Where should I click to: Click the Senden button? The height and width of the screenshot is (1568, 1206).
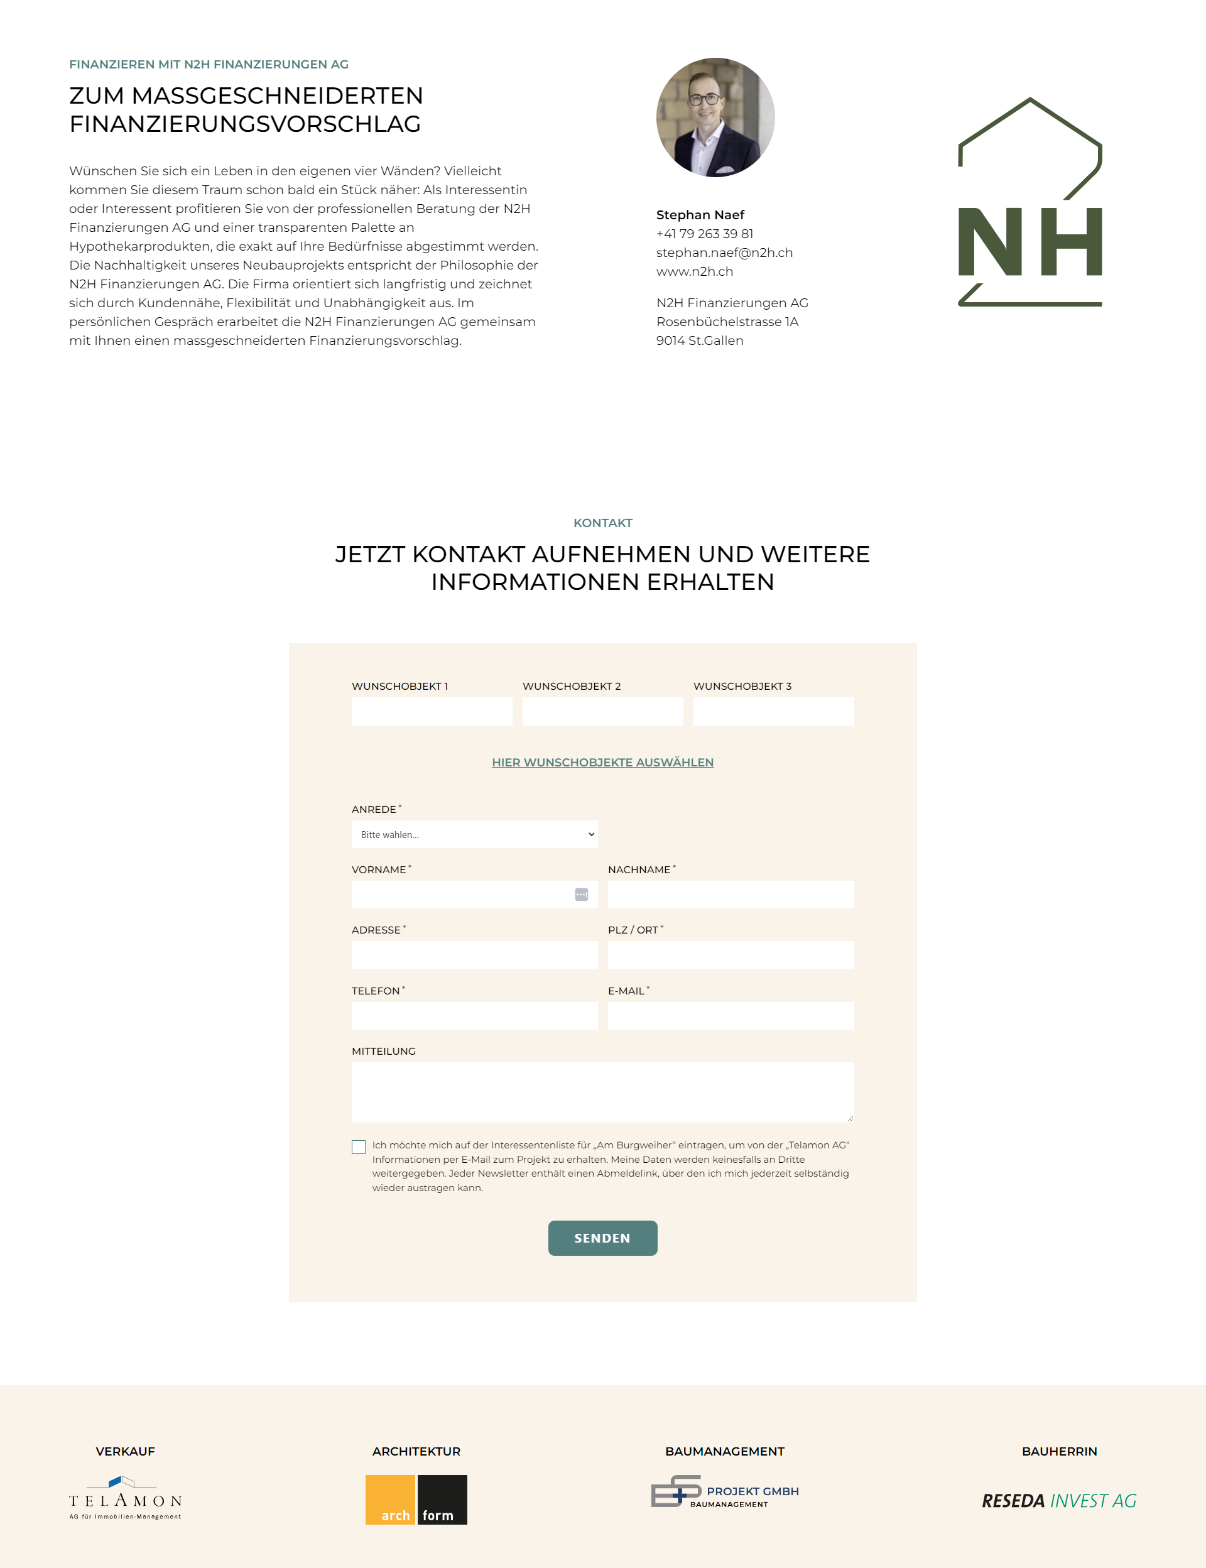tap(602, 1238)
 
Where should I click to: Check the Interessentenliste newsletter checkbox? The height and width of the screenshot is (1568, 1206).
tap(359, 1146)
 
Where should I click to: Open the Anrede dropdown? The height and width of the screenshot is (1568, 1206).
tap(474, 834)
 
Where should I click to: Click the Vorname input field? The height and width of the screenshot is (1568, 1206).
tap(463, 895)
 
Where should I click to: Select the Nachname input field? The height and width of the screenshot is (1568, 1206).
tap(731, 895)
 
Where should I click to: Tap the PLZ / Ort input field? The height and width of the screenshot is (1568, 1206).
tap(731, 955)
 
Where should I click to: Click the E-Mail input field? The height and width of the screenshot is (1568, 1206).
tap(731, 1016)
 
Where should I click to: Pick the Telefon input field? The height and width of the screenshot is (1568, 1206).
tap(474, 1016)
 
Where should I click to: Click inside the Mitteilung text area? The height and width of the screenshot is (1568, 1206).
tap(602, 1092)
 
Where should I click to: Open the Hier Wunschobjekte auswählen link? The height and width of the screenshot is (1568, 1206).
tap(602, 763)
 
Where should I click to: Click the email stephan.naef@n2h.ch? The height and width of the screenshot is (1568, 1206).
tap(724, 253)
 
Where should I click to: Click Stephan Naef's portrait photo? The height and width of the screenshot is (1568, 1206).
tap(715, 117)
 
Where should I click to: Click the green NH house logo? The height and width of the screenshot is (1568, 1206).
tap(1029, 202)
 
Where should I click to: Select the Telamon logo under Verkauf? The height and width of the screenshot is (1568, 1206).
tap(125, 1498)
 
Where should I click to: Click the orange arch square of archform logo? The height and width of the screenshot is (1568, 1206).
tap(391, 1499)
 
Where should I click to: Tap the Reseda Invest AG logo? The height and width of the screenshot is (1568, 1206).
tap(1059, 1501)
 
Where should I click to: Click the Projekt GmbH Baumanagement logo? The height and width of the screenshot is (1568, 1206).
tap(724, 1491)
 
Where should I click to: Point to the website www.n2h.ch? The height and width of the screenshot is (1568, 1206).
tap(694, 271)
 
